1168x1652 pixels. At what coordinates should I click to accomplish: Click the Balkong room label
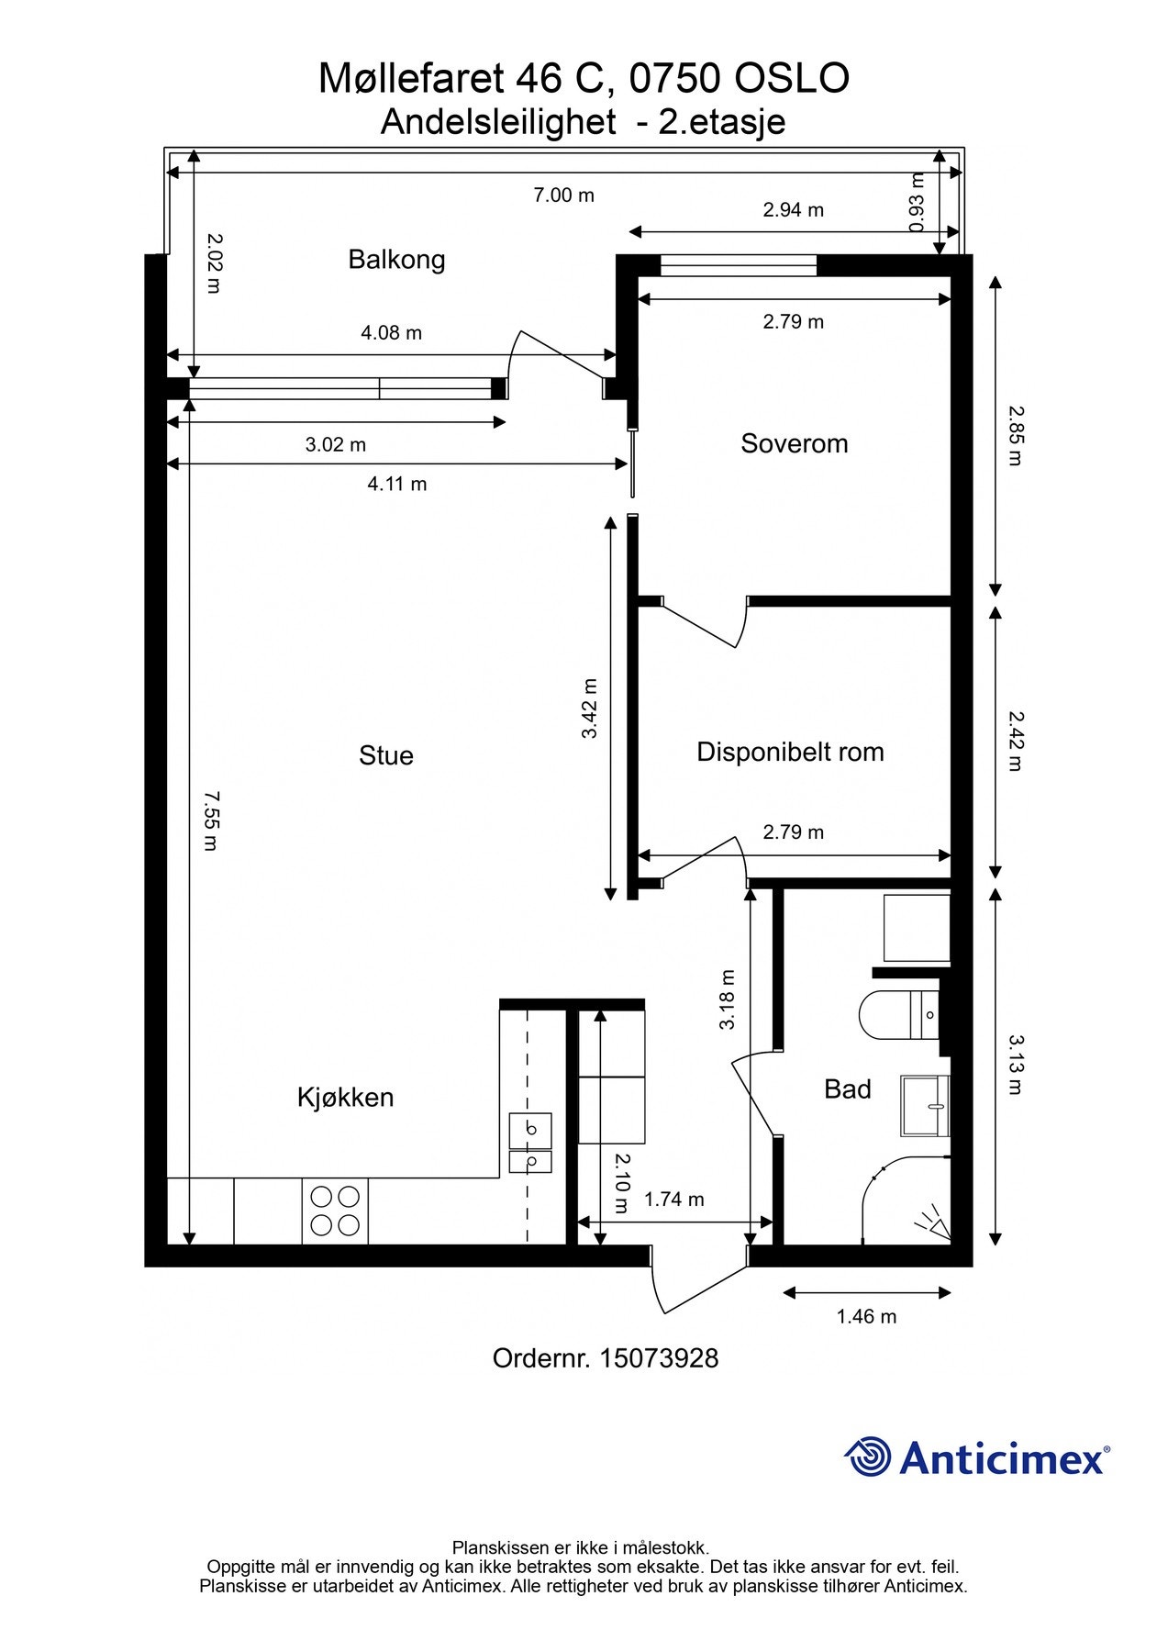[396, 260]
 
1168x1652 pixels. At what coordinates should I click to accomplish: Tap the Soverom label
[795, 443]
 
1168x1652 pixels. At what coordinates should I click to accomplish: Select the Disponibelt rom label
[790, 753]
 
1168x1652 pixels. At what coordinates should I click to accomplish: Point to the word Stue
[386, 755]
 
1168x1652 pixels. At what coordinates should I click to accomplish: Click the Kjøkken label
[345, 1097]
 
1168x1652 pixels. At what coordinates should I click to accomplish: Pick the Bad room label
[848, 1089]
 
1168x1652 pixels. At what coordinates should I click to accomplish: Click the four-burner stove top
[335, 1211]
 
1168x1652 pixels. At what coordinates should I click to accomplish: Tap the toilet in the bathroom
[900, 1015]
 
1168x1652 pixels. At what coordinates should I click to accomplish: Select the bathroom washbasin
[925, 1107]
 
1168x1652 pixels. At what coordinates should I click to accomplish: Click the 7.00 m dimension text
[564, 195]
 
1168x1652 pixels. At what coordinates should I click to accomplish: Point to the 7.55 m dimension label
[210, 820]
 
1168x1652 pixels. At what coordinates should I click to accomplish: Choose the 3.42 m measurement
[589, 709]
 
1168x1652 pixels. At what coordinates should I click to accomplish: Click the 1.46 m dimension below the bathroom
[866, 1316]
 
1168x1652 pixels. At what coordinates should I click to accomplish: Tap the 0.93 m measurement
[917, 203]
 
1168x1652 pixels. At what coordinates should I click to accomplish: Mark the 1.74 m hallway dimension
[674, 1200]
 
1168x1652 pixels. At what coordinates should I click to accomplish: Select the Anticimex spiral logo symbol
[868, 1457]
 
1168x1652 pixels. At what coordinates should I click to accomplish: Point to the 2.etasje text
[722, 121]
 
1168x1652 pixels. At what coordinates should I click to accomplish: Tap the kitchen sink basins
[530, 1144]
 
